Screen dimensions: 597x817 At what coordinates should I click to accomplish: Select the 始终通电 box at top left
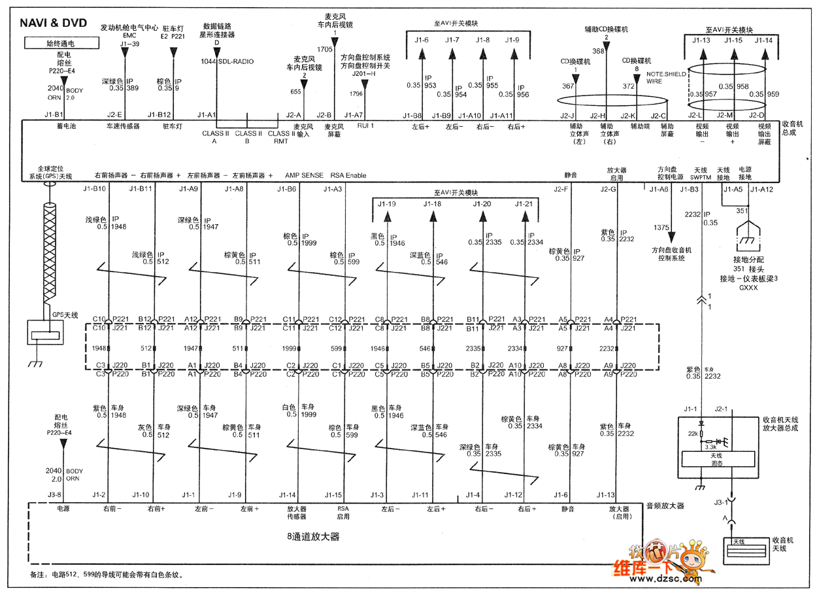(x=61, y=44)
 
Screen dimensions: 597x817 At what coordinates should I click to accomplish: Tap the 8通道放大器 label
(x=314, y=537)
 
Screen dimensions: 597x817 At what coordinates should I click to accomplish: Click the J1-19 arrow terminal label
(x=387, y=204)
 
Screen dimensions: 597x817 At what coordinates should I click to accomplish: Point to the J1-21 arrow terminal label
(x=524, y=204)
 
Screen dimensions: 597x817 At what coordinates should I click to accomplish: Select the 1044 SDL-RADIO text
(x=227, y=61)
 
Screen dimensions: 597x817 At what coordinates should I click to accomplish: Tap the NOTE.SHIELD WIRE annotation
(x=666, y=78)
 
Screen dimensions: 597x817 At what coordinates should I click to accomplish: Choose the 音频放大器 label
(x=665, y=505)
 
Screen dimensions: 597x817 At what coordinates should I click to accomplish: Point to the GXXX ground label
(x=748, y=287)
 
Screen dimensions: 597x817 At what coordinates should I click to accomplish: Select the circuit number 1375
(x=661, y=228)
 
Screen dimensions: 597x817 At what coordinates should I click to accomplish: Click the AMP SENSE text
(x=304, y=175)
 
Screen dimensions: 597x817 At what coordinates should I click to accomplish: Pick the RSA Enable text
(x=348, y=175)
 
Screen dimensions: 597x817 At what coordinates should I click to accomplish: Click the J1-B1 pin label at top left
(x=54, y=114)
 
